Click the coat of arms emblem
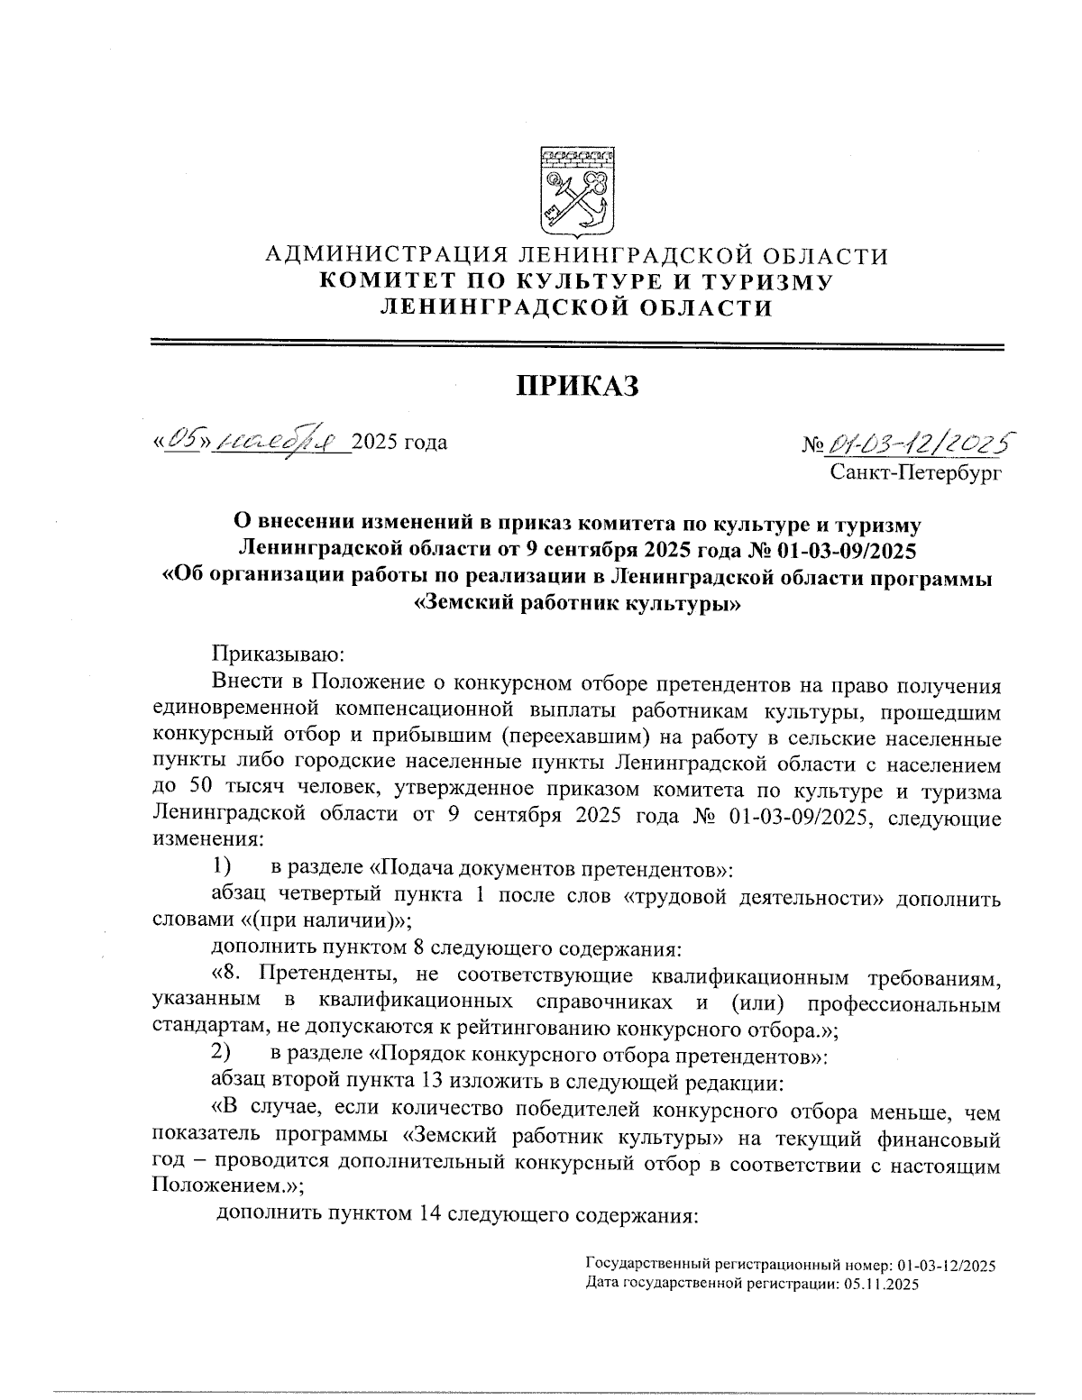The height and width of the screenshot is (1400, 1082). (577, 190)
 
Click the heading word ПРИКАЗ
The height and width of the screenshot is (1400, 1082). (576, 386)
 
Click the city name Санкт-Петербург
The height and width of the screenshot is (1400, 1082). (916, 470)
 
